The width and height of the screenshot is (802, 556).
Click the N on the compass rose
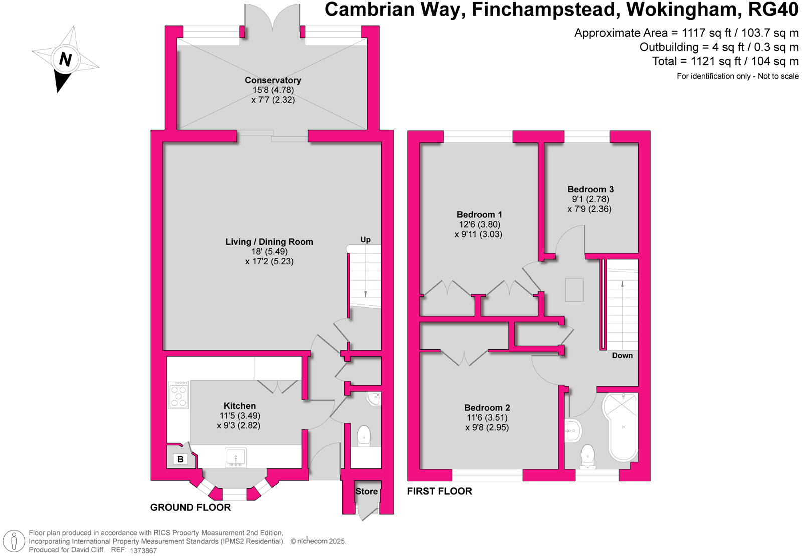point(65,59)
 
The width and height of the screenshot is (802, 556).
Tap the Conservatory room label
point(273,80)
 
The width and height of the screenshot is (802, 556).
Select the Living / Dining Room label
point(269,242)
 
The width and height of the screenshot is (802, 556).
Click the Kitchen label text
point(240,406)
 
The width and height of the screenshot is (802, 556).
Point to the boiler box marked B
point(180,459)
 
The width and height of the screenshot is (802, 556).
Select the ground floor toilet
point(364,436)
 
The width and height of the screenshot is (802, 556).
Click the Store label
point(367,491)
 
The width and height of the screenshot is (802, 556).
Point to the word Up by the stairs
point(366,240)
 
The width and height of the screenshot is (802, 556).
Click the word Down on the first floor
point(622,355)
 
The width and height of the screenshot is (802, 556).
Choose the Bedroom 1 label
point(479,215)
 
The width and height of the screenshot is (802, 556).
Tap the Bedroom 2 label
point(487,408)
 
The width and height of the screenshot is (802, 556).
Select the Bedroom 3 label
point(590,189)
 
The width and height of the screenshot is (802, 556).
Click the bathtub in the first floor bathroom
point(623,426)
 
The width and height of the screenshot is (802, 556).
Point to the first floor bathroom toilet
point(587,456)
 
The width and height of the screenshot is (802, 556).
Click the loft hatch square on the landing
point(574,290)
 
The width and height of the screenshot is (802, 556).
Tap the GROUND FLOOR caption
point(190,507)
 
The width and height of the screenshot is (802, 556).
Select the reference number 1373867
point(144,550)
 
